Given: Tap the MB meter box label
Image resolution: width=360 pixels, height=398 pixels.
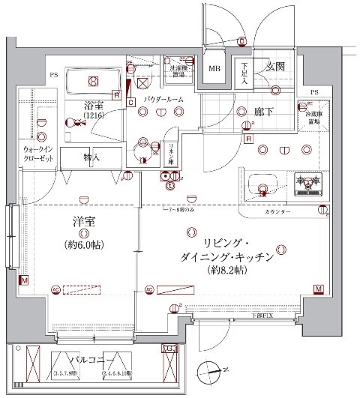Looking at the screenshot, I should click(x=214, y=70).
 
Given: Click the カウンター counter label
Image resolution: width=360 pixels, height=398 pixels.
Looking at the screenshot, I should click(x=279, y=212).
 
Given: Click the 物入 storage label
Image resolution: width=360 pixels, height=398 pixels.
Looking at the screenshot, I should click(x=91, y=157).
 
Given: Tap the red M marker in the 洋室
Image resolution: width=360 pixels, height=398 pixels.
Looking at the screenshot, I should click(x=25, y=281).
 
